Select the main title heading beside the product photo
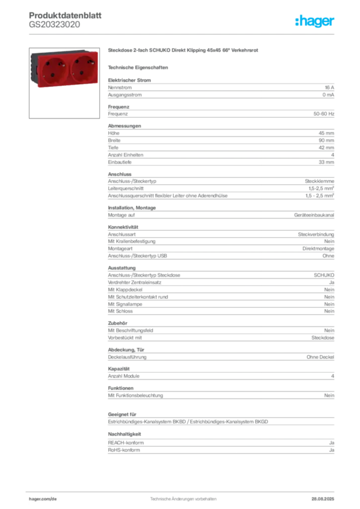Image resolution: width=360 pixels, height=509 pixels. (x=184, y=51)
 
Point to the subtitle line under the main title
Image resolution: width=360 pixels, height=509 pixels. (x=139, y=67)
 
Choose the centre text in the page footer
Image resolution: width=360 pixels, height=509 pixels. (x=182, y=496)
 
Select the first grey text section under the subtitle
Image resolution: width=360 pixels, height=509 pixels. (x=221, y=89)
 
